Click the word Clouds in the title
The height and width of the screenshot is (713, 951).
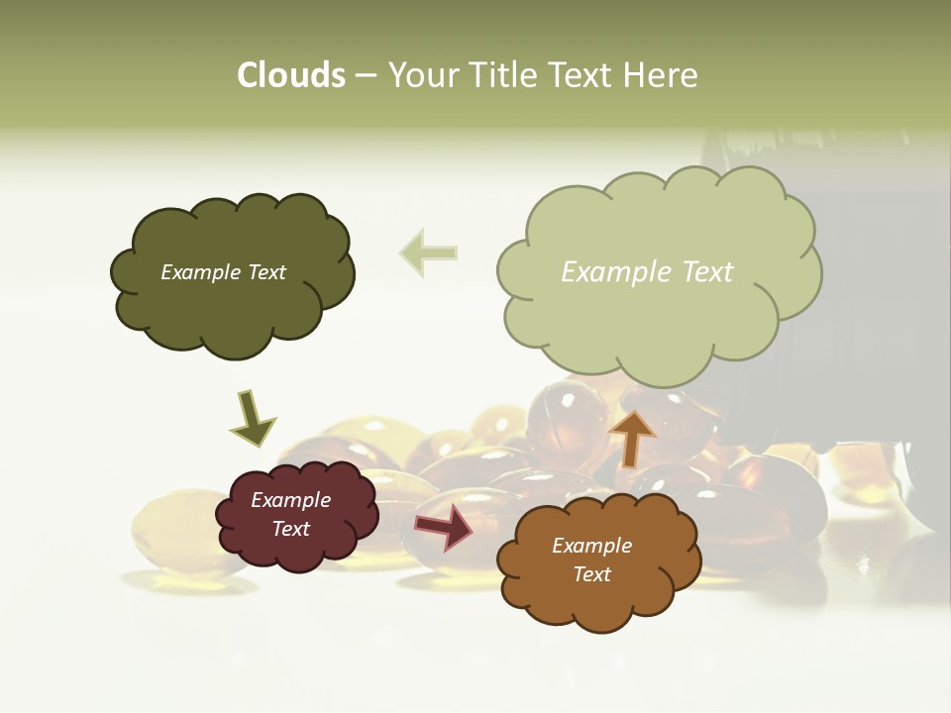(x=291, y=75)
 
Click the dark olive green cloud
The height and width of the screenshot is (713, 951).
(x=231, y=275)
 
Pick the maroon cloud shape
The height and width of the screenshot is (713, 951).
(x=295, y=515)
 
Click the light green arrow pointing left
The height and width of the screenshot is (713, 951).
(x=428, y=253)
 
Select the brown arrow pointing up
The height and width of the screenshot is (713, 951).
(x=631, y=437)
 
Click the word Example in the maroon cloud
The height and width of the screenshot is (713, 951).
(x=291, y=500)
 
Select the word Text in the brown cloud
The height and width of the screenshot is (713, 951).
(x=592, y=574)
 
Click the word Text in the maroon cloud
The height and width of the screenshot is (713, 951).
(x=291, y=529)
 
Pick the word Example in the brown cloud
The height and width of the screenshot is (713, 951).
(x=592, y=546)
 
